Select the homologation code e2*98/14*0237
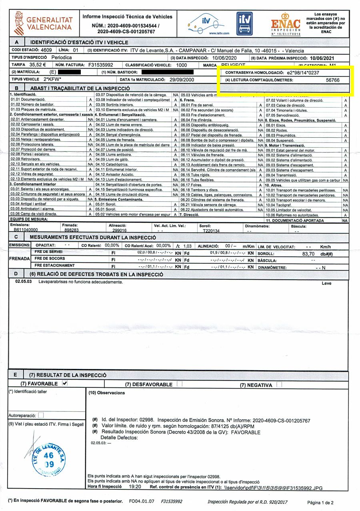point(303,73)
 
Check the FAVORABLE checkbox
point(65,383)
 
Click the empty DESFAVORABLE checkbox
point(180,384)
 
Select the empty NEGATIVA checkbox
point(279,385)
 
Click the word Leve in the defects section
point(327,283)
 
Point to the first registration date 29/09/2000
point(182,79)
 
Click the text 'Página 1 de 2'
point(320,502)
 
